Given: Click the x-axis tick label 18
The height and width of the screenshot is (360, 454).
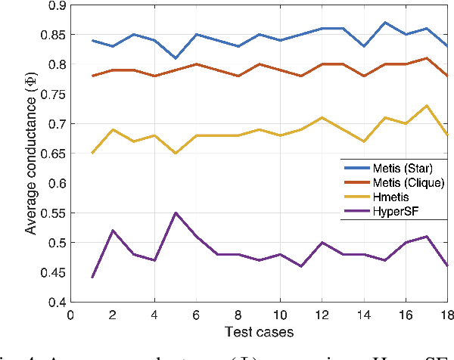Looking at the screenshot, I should tap(446, 315).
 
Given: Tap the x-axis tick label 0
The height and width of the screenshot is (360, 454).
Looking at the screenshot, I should tap(70, 315).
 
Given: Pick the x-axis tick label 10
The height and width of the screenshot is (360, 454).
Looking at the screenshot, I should tap(280, 315).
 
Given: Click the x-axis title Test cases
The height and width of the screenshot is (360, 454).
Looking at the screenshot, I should tap(259, 333).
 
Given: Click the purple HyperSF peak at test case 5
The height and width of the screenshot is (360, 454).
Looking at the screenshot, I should tap(176, 213).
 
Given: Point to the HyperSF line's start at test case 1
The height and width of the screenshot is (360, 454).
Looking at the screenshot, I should tap(92, 278).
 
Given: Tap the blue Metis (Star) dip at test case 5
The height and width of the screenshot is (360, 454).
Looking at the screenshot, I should tap(176, 58).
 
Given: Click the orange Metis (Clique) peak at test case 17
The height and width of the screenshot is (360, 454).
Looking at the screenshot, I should tap(427, 58).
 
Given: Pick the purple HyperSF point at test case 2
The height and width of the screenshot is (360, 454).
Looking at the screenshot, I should tap(113, 231).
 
